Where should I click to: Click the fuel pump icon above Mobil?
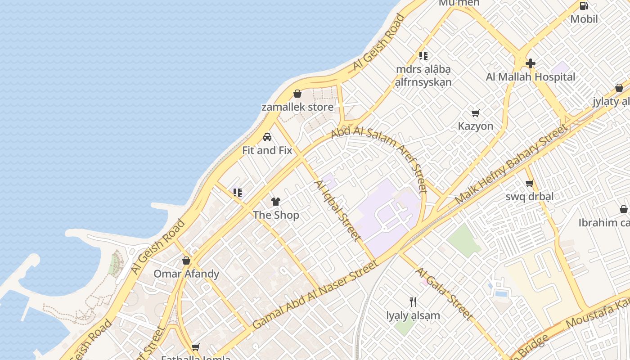click(x=584, y=6)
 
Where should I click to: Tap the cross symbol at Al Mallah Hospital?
click(x=531, y=63)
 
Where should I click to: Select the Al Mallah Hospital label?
click(x=531, y=77)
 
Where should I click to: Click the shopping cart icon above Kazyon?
click(x=476, y=113)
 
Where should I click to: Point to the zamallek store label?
click(x=297, y=107)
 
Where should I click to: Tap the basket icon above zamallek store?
click(x=297, y=94)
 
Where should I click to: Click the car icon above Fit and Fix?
click(x=267, y=137)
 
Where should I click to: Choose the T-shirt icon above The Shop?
click(x=276, y=202)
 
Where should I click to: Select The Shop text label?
click(x=276, y=215)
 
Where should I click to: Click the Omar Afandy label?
click(x=186, y=274)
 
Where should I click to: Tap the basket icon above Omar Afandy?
click(x=186, y=261)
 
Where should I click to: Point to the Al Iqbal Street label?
click(x=337, y=210)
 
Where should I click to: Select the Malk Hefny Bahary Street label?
click(x=512, y=164)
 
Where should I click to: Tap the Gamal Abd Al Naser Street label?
click(x=315, y=294)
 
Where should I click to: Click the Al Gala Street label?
click(x=444, y=294)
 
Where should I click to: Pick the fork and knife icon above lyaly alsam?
click(x=413, y=301)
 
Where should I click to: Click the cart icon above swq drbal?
click(x=530, y=184)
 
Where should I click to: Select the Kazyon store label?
click(x=476, y=126)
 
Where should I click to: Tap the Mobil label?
click(x=584, y=19)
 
